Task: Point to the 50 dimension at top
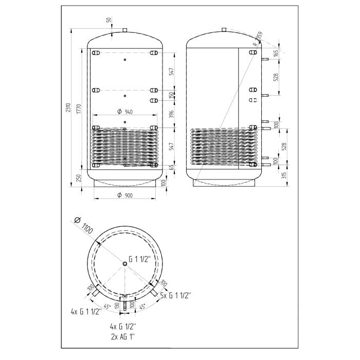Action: coord(109,20)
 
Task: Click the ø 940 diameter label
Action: coord(124,112)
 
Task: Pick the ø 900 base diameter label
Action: coord(124,195)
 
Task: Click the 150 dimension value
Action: coord(172,95)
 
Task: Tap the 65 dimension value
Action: coord(172,167)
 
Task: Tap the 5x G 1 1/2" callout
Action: coord(175,295)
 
